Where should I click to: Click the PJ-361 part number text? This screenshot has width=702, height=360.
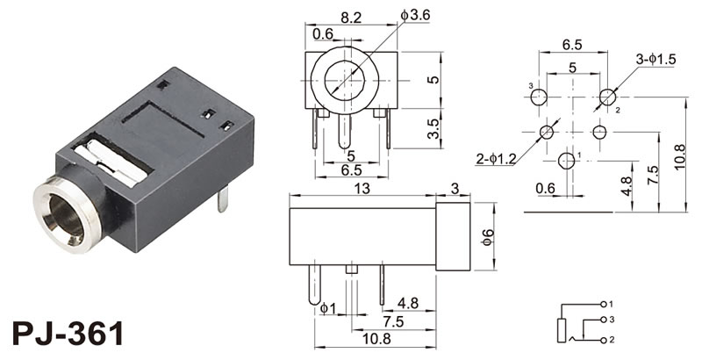[x=68, y=335]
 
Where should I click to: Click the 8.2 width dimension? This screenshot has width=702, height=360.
[x=349, y=16]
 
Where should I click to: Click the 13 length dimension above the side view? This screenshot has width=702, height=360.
[x=362, y=189]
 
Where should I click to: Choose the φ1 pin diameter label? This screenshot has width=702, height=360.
[x=326, y=308]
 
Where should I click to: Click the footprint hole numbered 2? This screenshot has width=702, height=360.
[x=608, y=97]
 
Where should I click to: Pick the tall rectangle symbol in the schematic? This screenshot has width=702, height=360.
[x=562, y=331]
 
